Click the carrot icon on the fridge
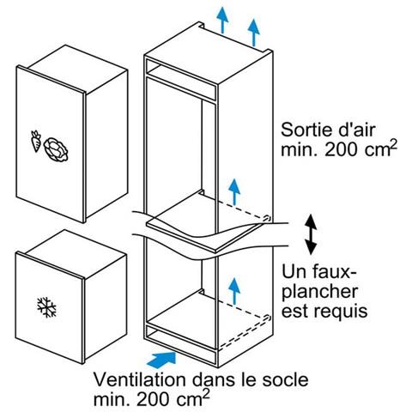pos(36,141)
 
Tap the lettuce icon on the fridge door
pos(56,149)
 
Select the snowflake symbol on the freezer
pos(46,307)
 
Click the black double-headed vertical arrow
pos(311,234)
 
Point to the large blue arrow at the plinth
pos(161,359)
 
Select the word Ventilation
pos(140,379)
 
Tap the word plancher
pos(320,292)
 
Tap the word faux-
pos(333,272)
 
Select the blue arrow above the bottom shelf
pos(234,291)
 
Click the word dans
pos(213,379)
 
